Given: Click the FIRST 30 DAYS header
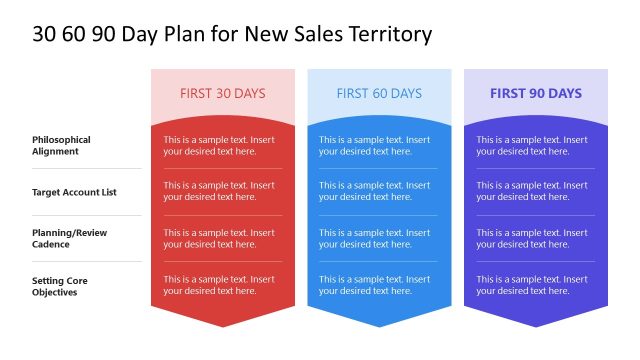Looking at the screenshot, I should point(222,94).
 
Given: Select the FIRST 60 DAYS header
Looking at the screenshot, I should point(379,94).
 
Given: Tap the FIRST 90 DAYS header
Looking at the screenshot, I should point(535,94).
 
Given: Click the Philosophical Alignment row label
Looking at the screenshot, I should point(61,145).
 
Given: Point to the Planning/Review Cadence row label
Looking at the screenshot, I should point(69,238).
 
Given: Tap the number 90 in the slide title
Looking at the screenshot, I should point(103,34).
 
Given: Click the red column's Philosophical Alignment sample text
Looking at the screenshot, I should point(219,145).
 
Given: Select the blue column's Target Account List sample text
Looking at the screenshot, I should point(375,191).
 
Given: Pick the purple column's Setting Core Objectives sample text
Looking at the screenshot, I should point(532,285).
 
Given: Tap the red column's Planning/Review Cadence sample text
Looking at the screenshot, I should point(219,238).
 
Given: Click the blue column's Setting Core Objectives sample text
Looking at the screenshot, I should point(375,285).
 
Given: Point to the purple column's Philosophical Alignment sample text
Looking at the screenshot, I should point(532,145).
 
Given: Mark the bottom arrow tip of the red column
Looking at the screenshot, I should point(222,325).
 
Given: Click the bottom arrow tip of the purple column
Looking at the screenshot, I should point(535,325).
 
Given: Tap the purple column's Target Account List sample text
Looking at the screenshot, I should point(532,191).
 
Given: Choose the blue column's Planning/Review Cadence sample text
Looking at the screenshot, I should point(375,238).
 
